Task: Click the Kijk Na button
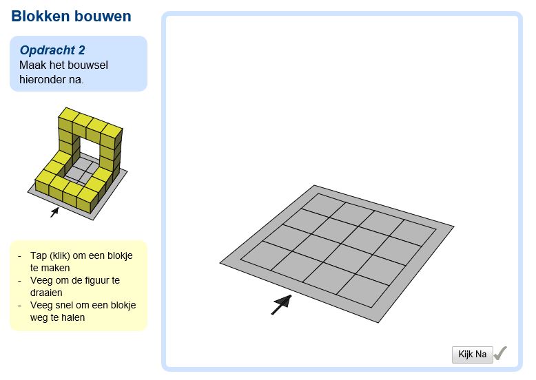472,355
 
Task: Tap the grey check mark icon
501,353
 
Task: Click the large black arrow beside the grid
280,304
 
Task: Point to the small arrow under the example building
54,213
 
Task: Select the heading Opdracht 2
52,50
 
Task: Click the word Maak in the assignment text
32,65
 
